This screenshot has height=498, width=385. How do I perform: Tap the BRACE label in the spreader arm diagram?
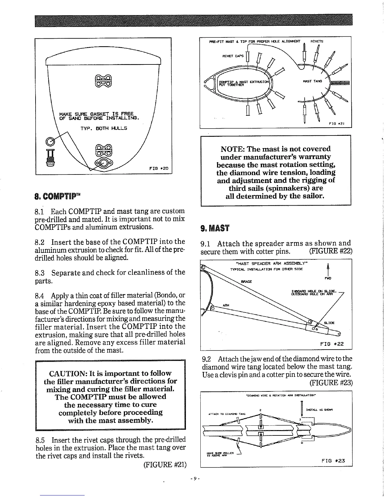click(246, 282)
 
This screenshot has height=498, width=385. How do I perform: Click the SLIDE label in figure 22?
click(329, 323)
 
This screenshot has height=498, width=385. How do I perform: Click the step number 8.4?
click(39, 296)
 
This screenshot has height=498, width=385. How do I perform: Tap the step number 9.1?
click(206, 244)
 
